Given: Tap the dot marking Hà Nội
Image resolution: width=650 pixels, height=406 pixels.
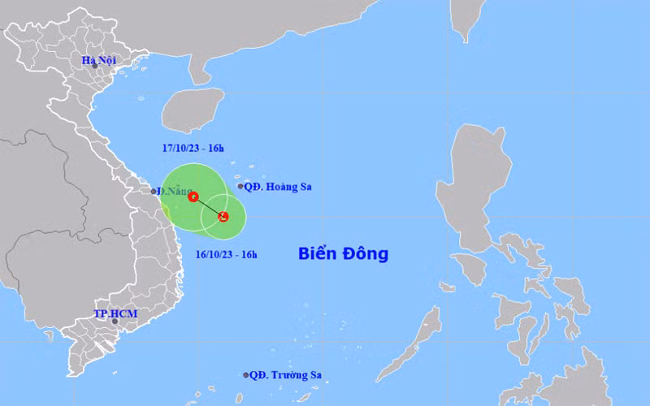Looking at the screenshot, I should (94, 66).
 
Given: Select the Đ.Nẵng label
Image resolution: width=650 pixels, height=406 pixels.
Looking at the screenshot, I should (172, 191).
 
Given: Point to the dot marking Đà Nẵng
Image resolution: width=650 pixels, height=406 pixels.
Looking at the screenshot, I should (154, 192).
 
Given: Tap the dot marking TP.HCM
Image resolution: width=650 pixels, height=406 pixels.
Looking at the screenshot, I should (115, 322).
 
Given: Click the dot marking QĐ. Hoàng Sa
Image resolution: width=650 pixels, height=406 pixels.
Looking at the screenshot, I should (240, 187).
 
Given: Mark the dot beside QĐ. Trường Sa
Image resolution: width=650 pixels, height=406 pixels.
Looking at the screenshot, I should (245, 375).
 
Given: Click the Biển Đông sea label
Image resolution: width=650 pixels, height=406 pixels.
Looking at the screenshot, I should (343, 254).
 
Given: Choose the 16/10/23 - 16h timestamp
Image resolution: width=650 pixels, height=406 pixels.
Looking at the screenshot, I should (227, 255).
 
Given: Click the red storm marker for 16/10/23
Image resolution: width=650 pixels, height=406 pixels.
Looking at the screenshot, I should (223, 216).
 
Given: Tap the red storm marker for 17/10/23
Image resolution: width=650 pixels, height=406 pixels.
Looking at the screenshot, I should (193, 197).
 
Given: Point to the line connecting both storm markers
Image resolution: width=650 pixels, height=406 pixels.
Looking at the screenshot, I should (208, 206).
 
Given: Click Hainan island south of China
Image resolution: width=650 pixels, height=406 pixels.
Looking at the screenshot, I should (193, 110).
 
